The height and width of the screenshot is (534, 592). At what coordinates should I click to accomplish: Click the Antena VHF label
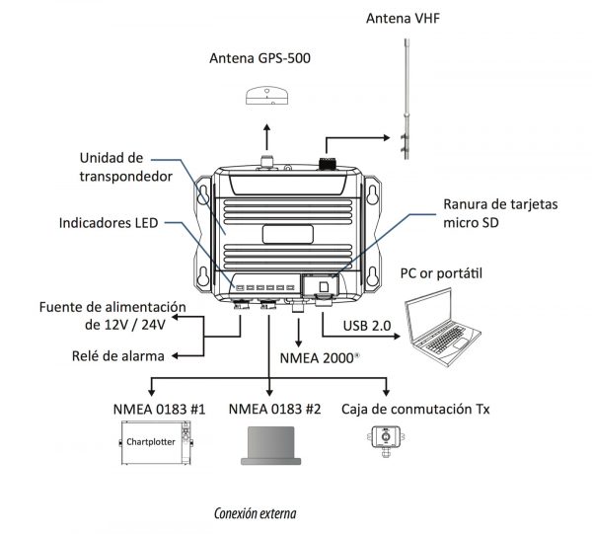[x=409, y=18]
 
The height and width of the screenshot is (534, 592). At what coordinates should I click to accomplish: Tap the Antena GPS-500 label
[x=259, y=58]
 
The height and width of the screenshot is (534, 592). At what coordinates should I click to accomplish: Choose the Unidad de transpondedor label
[x=123, y=166]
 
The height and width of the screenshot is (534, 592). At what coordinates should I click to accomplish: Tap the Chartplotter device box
[x=155, y=443]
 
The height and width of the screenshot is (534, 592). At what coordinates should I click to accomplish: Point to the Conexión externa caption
[x=255, y=513]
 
